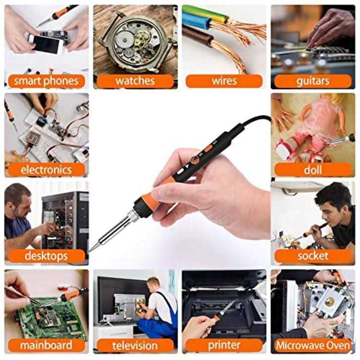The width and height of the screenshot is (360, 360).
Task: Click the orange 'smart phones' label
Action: (x=46, y=80)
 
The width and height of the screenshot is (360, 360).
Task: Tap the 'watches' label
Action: (x=135, y=80)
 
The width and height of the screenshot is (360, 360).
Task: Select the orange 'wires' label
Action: (x=224, y=80)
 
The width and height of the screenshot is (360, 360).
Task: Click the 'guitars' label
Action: (x=313, y=80)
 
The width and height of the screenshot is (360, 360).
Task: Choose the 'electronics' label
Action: (x=46, y=169)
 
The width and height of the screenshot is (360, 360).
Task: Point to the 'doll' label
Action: (x=313, y=169)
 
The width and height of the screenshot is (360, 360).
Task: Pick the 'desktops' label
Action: (x=46, y=256)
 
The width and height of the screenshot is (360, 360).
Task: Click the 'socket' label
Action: (x=313, y=256)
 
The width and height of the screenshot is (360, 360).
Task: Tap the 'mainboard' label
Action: (x=46, y=345)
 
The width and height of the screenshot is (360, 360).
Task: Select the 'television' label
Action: (x=135, y=345)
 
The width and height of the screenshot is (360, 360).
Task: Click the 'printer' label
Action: (x=224, y=345)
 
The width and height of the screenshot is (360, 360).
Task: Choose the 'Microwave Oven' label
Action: (x=313, y=345)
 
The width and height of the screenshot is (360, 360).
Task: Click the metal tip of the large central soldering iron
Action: (x=92, y=248)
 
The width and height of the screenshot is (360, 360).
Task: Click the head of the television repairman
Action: (x=153, y=284)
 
